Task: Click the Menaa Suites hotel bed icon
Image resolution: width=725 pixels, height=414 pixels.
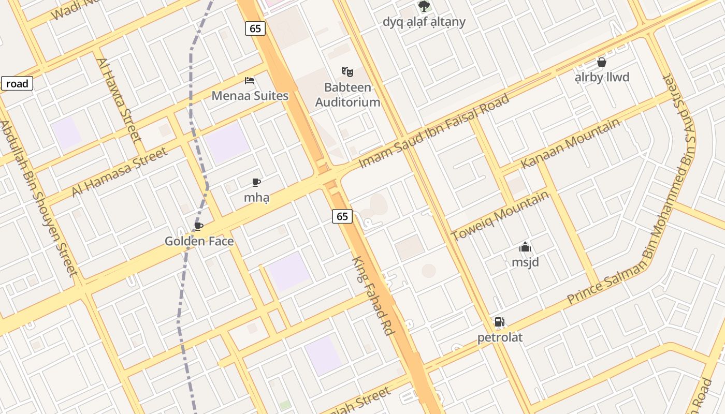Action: [250, 81]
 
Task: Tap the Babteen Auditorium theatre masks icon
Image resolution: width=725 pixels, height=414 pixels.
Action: [347, 72]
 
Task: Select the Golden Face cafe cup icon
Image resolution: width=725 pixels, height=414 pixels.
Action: [198, 226]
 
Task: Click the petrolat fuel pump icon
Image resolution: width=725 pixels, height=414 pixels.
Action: [499, 322]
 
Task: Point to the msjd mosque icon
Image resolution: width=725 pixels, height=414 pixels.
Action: [525, 247]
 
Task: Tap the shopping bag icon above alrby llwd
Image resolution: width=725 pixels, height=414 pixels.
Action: [602, 62]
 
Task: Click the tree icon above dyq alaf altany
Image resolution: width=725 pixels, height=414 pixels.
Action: [424, 6]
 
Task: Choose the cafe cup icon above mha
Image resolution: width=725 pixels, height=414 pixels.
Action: [256, 182]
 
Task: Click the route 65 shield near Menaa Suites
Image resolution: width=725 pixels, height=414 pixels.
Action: [255, 28]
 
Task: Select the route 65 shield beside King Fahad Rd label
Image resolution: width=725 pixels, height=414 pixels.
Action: [342, 216]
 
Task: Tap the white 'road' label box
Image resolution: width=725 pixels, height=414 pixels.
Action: [17, 83]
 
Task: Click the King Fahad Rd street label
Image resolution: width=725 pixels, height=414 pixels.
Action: [373, 296]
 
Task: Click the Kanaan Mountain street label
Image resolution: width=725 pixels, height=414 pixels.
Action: [570, 143]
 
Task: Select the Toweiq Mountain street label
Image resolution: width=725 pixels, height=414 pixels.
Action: [500, 216]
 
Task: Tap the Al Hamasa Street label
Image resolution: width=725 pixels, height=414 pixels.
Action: [120, 171]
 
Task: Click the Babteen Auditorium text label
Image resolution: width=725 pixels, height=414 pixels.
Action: [348, 95]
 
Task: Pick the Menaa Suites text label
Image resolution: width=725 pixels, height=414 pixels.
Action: [250, 96]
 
